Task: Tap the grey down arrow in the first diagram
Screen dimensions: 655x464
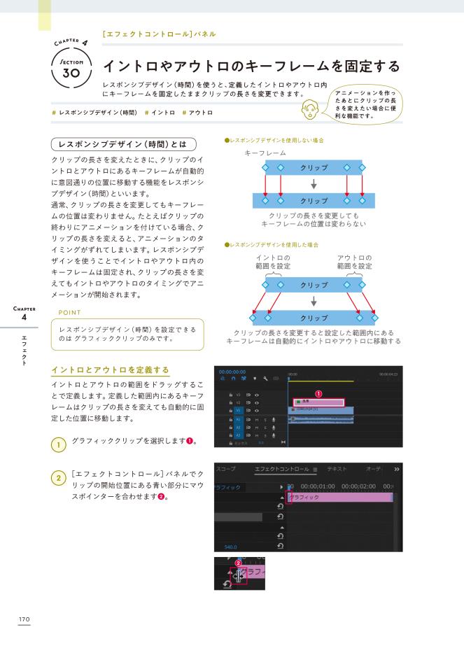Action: [x=314, y=185]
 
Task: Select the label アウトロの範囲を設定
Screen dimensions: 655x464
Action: [x=355, y=262]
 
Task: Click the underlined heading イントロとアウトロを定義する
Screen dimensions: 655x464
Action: [x=111, y=369]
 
